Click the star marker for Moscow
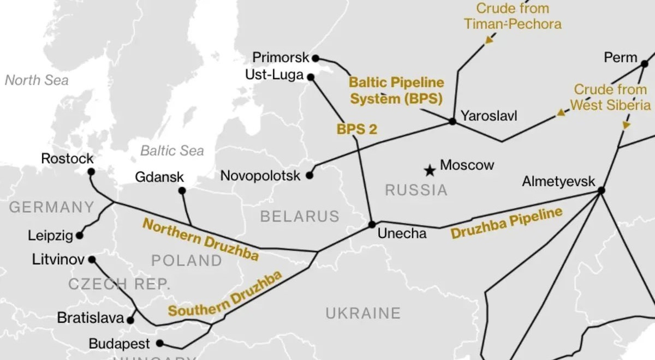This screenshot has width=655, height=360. (x=430, y=171)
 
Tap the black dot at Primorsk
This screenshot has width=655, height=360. (x=315, y=57)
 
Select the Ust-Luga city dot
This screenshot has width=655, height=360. (x=311, y=77)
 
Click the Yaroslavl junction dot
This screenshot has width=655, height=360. (x=452, y=121)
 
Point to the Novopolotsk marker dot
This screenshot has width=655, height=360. (x=309, y=176)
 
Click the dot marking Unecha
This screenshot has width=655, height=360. (x=372, y=224)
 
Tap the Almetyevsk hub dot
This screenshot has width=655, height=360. (x=601, y=190)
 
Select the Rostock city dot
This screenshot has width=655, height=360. (x=91, y=171)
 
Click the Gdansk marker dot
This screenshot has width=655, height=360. (x=182, y=190)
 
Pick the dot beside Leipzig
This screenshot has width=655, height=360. (x=80, y=236)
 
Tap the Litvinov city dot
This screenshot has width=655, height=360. (x=92, y=260)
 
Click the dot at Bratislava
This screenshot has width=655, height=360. (x=130, y=320)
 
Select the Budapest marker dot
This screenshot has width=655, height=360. (x=159, y=343)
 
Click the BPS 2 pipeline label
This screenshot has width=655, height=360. (x=357, y=129)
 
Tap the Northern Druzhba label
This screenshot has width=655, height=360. (x=200, y=239)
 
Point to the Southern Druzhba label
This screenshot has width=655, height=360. (x=225, y=294)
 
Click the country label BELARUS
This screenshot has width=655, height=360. (x=300, y=217)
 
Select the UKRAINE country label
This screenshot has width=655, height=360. (x=363, y=313)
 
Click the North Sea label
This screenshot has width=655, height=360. (x=37, y=80)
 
